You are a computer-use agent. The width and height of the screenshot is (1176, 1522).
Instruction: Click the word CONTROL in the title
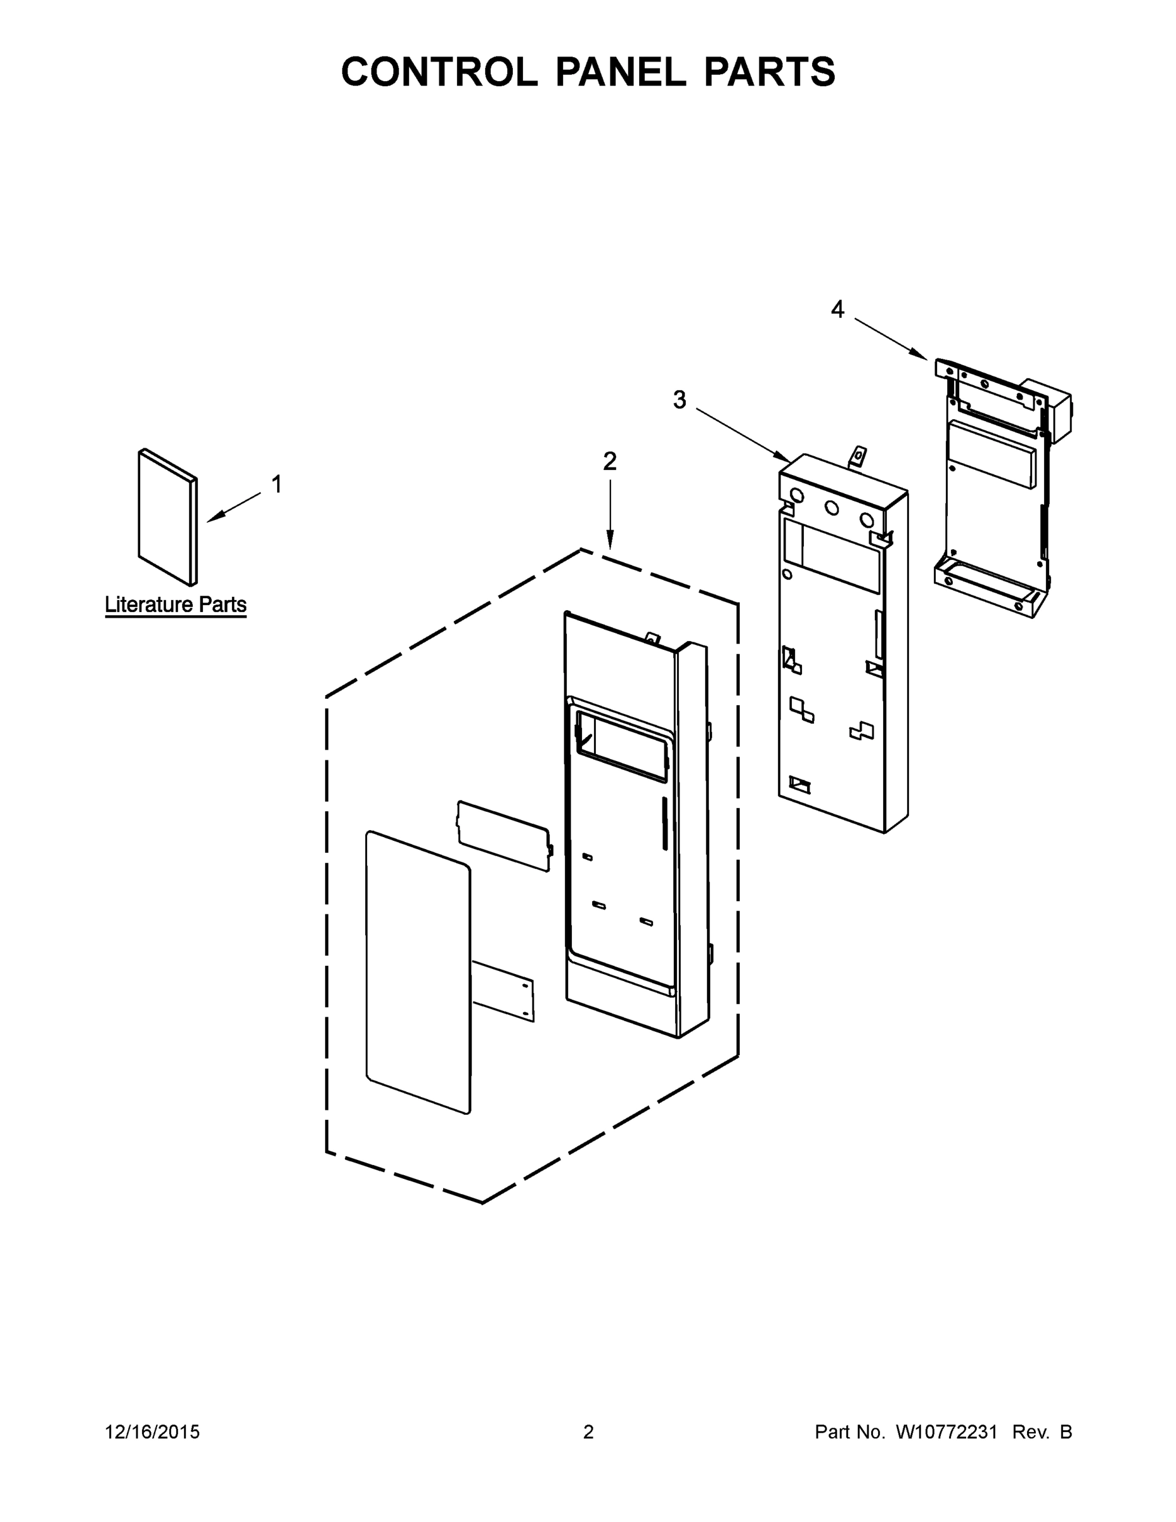point(439,72)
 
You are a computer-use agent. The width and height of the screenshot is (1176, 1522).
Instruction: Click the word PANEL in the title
point(620,72)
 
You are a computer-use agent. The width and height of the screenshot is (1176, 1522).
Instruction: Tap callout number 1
point(276,485)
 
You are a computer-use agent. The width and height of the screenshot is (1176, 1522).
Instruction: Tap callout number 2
point(610,461)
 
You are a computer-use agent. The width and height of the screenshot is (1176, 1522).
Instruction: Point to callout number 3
point(679,400)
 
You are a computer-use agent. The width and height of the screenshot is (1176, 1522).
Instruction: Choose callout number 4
point(837,309)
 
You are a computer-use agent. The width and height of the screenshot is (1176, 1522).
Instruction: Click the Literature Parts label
point(176,604)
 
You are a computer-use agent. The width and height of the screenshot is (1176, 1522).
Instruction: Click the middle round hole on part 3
point(832,508)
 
